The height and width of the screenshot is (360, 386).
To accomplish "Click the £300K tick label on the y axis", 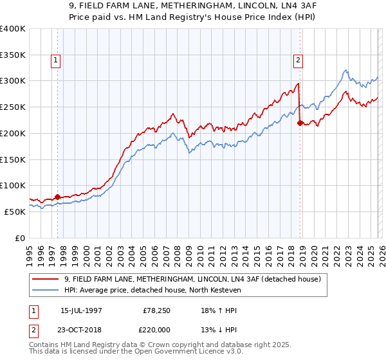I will pyautogui.click(x=13, y=81).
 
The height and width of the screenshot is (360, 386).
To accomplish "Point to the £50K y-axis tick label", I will pyautogui.click(x=15, y=212).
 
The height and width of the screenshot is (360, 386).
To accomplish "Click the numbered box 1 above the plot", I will pyautogui.click(x=57, y=61).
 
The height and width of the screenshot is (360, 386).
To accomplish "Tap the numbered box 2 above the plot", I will pyautogui.click(x=299, y=61).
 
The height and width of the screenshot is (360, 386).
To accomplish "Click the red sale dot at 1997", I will pyautogui.click(x=57, y=197).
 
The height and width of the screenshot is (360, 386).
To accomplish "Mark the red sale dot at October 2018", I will pyautogui.click(x=300, y=123).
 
